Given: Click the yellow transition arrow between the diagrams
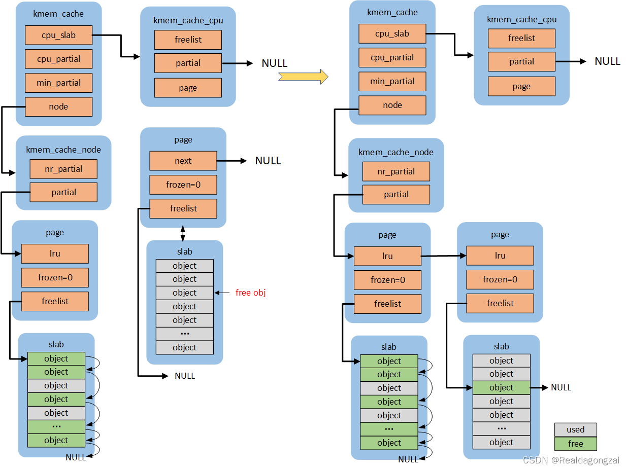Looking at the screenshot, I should click(303, 77).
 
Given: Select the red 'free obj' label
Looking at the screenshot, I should click(251, 293).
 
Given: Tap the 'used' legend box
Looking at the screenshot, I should click(575, 429).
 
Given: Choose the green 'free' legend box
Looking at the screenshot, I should click(575, 444).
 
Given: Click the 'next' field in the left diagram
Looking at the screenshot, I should click(183, 161).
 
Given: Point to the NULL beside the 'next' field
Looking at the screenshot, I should click(268, 161).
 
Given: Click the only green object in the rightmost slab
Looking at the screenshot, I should click(501, 387).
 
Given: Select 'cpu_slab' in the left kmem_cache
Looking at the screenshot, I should click(58, 35).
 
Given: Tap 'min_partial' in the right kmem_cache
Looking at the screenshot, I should click(392, 81).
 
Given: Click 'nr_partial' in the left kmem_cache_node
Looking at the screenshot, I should click(63, 169).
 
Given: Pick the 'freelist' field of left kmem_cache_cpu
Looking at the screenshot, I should click(188, 40).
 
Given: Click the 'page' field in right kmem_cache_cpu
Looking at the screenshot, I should click(521, 86).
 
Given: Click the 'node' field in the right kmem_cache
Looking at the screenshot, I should click(392, 105).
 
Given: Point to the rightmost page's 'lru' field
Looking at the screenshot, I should click(500, 256).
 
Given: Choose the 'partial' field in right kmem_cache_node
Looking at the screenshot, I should click(396, 194).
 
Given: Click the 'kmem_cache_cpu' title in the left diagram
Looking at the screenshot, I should click(188, 20).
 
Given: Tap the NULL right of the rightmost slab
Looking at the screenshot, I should click(561, 387).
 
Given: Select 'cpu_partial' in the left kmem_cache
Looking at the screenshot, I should click(58, 59).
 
